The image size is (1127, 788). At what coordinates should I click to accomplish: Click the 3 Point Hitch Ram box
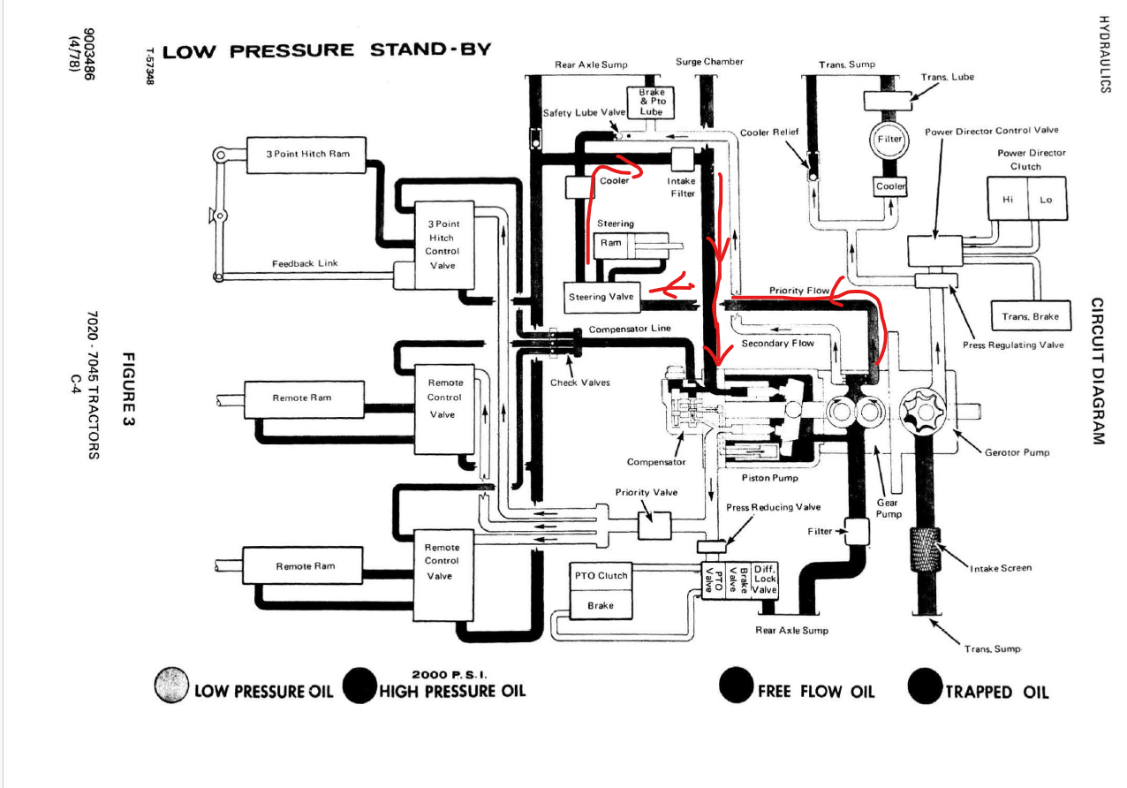(x=307, y=154)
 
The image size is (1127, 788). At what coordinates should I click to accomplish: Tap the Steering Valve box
(x=601, y=297)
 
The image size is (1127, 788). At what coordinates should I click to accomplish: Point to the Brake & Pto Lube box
(x=651, y=102)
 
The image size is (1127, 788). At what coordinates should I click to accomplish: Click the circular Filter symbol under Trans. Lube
(x=889, y=140)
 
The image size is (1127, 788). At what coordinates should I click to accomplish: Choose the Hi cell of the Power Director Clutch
(x=1008, y=200)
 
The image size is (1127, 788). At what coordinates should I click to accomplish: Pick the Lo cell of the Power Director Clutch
(x=1047, y=200)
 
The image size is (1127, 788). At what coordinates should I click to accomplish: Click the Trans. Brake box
(x=1030, y=316)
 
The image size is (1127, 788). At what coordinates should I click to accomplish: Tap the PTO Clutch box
(x=601, y=576)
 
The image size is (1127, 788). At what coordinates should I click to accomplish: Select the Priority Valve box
(x=654, y=525)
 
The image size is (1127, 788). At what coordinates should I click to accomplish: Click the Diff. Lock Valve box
(x=765, y=579)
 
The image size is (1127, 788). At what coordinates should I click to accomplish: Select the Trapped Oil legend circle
(x=925, y=686)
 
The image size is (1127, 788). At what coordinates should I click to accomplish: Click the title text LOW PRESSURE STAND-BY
(x=327, y=50)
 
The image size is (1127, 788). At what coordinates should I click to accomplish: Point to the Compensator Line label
(x=630, y=329)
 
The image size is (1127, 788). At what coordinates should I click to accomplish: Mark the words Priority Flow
(x=799, y=291)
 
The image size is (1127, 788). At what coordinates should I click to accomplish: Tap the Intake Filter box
(x=682, y=161)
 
